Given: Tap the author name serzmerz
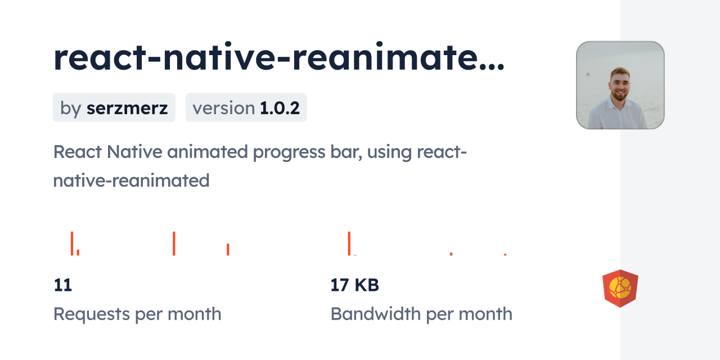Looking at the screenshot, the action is click(127, 108).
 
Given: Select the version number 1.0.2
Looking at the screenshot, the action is click(280, 108).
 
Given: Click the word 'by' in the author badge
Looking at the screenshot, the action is click(70, 109).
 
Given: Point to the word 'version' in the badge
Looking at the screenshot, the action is click(224, 108).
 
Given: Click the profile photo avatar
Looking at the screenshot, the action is click(620, 85).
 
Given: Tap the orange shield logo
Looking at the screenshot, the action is click(620, 289).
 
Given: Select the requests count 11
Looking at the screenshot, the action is click(62, 285).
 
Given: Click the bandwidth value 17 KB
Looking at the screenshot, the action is click(354, 285).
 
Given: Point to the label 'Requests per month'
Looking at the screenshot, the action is click(137, 314).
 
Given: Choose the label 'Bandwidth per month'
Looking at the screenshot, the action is click(421, 314).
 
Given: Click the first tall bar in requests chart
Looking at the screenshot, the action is click(72, 244).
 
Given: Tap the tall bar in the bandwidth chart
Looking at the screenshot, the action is click(349, 244).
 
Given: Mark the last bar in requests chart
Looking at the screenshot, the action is click(228, 249).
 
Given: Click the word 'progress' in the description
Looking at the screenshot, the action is click(289, 152).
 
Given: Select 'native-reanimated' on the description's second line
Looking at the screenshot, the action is click(131, 181).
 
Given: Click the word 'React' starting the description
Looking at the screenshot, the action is click(78, 152).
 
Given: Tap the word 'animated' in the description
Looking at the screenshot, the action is click(208, 152).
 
